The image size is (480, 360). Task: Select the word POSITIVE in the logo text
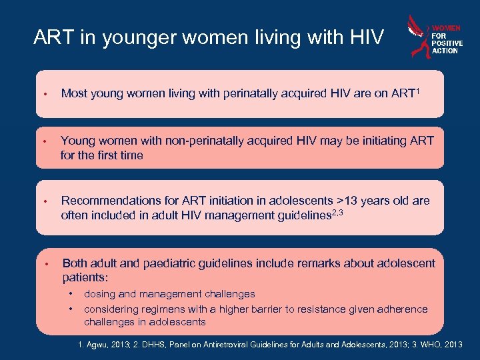tap(447, 43)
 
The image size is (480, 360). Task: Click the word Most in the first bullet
tap(74, 94)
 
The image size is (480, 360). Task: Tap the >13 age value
tap(347, 201)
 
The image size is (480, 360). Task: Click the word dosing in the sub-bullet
tap(99, 294)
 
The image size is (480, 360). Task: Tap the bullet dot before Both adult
tap(45, 264)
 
